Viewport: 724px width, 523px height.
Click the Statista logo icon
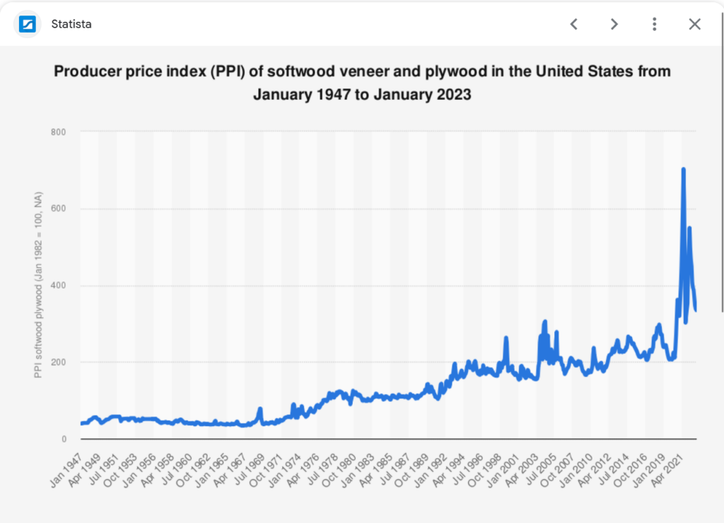(28, 25)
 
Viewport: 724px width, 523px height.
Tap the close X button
(694, 24)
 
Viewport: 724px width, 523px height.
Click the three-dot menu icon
(654, 24)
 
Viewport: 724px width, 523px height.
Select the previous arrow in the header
(574, 24)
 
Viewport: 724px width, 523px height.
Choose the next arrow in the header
(614, 24)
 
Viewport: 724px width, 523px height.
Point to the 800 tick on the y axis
(59, 132)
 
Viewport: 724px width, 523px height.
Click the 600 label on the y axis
(59, 208)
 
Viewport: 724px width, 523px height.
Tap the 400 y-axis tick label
(59, 286)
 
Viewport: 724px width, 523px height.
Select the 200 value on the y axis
(59, 363)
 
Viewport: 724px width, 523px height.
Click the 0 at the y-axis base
(64, 439)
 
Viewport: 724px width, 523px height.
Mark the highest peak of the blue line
(683, 169)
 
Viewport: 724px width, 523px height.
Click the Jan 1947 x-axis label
(67, 462)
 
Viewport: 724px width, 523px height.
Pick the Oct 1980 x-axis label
(341, 462)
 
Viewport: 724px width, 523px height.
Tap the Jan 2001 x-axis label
(506, 462)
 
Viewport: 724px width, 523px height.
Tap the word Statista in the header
(71, 25)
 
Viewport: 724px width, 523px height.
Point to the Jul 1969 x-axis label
(250, 462)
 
